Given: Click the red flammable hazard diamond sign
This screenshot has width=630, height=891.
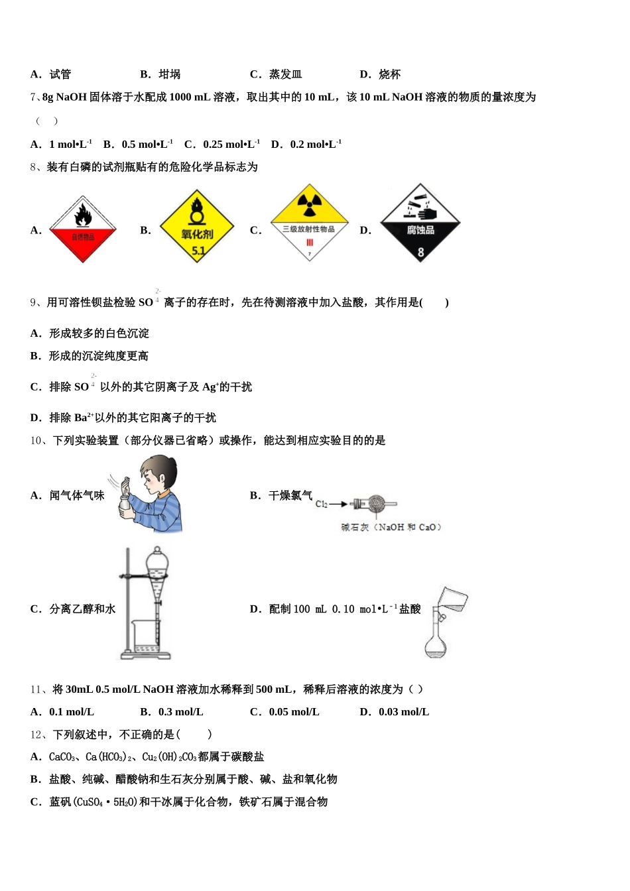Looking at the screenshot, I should [83, 229].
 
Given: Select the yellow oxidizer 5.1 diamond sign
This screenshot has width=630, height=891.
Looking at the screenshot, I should [197, 227].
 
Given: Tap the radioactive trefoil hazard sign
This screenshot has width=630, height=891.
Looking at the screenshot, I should [309, 223].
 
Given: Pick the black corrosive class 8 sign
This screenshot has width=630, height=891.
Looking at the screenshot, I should [420, 224].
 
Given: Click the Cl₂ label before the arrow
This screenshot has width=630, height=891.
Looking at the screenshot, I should [322, 505].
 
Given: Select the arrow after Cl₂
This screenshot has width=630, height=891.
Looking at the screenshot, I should [340, 505].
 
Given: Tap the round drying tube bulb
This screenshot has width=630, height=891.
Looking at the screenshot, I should [377, 505].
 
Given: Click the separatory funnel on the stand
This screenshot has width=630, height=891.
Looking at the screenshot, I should [157, 571].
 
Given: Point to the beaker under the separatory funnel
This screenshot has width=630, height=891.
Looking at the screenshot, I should [146, 639].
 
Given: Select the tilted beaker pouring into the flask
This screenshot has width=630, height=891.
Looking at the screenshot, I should [452, 600].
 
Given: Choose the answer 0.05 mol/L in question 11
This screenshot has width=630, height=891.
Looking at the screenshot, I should [294, 712].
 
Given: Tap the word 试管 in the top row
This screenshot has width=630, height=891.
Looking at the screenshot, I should [60, 74].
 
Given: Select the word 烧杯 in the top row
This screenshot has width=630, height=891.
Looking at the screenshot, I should [390, 74].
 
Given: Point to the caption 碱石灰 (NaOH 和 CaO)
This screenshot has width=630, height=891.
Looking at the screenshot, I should [391, 527].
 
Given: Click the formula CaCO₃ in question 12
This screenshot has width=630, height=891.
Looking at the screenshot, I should [62, 757].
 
